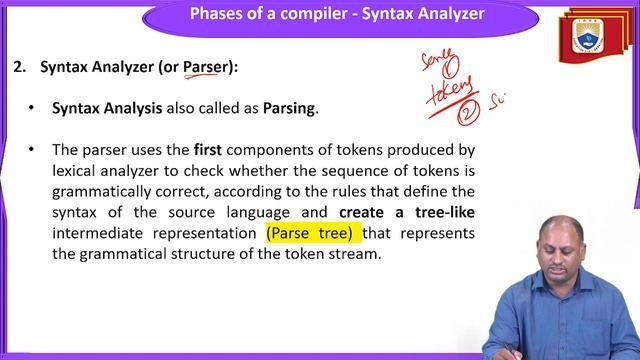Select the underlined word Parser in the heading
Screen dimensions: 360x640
204,67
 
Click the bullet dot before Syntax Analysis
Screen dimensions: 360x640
32,108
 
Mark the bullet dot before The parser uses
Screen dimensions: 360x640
32,149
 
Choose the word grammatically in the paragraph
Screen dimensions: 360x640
103,191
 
